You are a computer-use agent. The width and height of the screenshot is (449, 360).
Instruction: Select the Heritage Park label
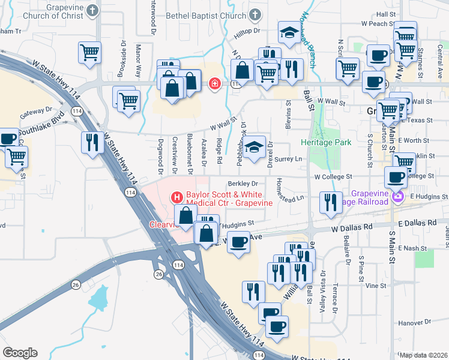(x=326, y=143)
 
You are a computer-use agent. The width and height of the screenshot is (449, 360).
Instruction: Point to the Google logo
(x=20, y=352)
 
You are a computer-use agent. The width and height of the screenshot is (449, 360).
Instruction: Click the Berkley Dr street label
(x=243, y=184)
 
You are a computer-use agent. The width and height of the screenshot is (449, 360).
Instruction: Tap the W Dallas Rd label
(x=352, y=227)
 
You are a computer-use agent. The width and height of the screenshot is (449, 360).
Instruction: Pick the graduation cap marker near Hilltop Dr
(x=289, y=32)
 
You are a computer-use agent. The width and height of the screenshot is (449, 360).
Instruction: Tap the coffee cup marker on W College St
(x=396, y=176)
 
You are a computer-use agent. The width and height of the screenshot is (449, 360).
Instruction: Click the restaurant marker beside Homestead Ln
(x=330, y=202)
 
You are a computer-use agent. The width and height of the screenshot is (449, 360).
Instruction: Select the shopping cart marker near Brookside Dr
(x=89, y=52)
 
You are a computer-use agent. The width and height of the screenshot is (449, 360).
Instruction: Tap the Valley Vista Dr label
(x=323, y=298)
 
